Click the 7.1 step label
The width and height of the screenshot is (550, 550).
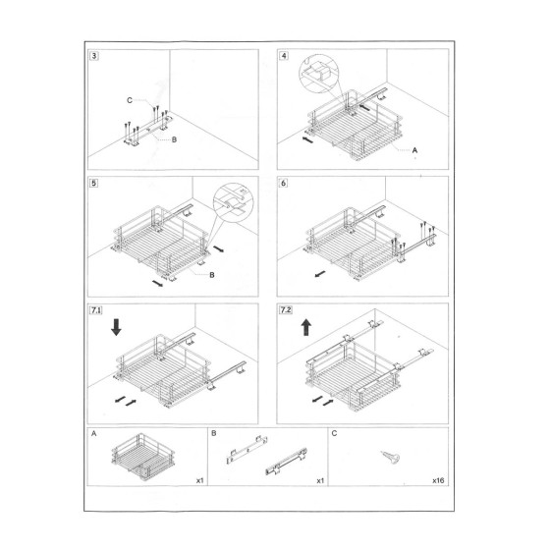(96, 310)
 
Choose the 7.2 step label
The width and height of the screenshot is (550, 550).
(286, 310)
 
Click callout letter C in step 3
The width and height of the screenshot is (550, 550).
(130, 99)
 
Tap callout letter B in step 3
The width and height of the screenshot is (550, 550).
(174, 141)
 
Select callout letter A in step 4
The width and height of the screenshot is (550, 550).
(414, 150)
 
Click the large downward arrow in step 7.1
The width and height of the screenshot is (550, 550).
(117, 326)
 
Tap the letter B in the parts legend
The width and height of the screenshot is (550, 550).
(213, 433)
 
